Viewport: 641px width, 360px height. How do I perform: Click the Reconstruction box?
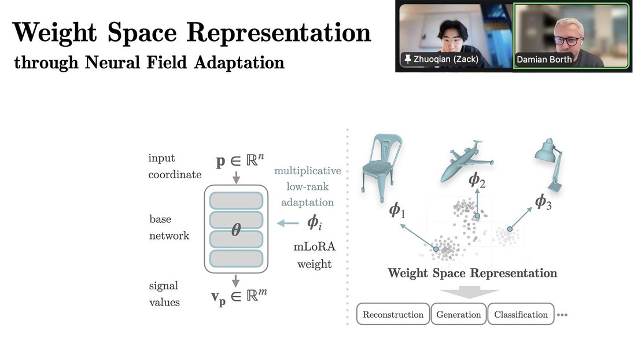[393, 314]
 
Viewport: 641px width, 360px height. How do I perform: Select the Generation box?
[459, 314]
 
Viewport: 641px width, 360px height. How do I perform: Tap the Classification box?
[521, 314]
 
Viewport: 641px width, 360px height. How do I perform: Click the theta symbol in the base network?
[236, 229]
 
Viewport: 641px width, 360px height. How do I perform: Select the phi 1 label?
[397, 210]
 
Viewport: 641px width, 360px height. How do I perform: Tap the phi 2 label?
[477, 180]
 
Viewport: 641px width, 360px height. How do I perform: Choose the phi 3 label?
[543, 201]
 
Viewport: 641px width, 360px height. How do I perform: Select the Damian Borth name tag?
[544, 59]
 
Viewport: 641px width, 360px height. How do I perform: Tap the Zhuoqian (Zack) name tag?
[441, 59]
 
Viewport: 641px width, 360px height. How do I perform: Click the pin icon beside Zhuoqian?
[408, 59]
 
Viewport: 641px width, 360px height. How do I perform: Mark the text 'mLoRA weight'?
[314, 255]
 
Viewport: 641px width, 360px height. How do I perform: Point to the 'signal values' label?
[164, 293]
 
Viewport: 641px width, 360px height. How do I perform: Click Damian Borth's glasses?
[568, 41]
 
